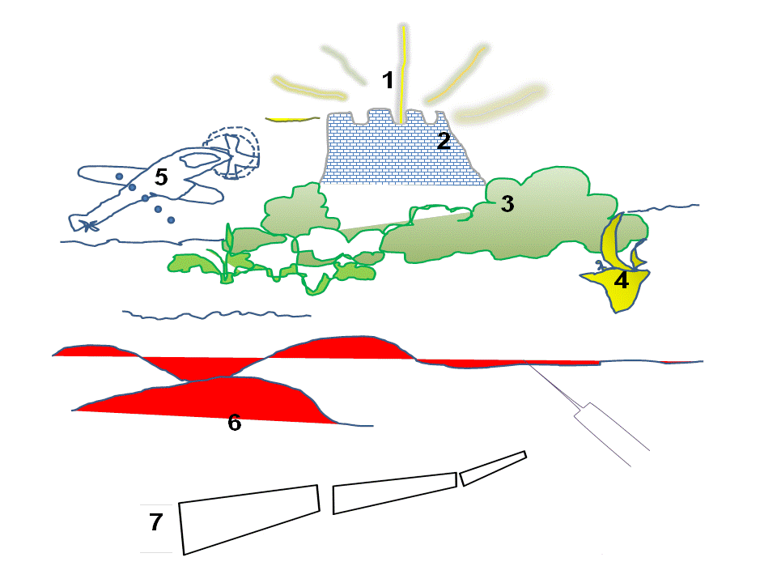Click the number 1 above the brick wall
[388, 80]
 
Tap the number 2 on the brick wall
[444, 140]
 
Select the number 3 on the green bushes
[507, 204]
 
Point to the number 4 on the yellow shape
[622, 281]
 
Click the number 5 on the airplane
[161, 177]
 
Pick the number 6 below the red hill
[235, 423]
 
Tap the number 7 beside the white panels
[156, 522]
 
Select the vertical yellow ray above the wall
[403, 74]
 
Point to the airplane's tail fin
[85, 224]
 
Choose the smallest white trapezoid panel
[493, 468]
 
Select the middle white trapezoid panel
[394, 492]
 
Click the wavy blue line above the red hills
[217, 314]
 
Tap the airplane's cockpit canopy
[201, 160]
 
